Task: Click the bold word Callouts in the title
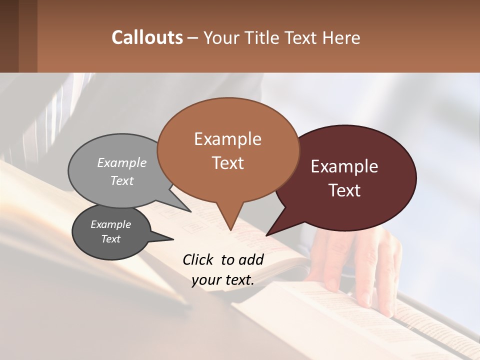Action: tap(147, 37)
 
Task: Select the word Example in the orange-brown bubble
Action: tap(227, 139)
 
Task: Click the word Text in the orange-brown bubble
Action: tap(227, 163)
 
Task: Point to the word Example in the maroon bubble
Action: tap(344, 166)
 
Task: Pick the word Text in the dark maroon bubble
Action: tap(344, 190)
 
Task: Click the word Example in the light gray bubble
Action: tap(122, 162)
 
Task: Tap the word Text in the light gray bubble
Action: tap(122, 180)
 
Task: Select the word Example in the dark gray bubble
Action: tap(110, 224)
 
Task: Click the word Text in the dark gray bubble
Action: tap(110, 239)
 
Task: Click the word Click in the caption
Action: tap(199, 259)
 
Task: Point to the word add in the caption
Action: tap(251, 259)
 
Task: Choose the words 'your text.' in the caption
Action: tap(223, 280)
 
